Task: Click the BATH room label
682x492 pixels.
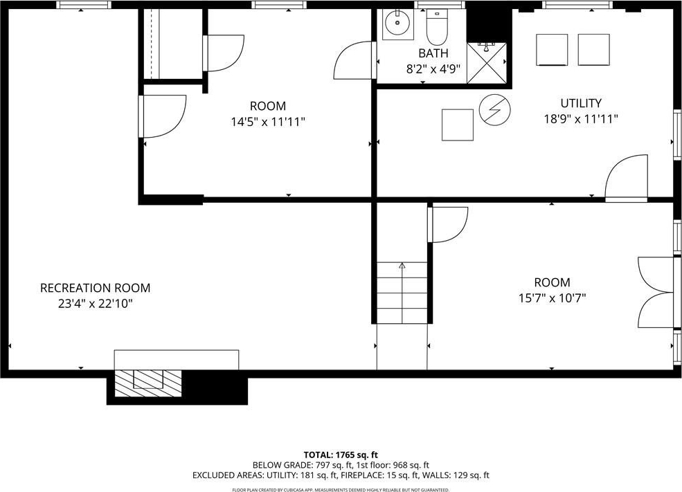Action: (433, 53)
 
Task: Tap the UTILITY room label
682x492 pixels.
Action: (581, 103)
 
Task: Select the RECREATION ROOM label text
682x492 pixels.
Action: (96, 288)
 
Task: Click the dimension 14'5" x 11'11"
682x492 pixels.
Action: (268, 122)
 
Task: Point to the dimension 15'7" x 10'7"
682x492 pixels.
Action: (552, 298)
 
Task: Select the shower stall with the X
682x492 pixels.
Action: (487, 62)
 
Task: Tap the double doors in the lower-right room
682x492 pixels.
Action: (655, 293)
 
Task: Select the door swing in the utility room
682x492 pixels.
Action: (627, 177)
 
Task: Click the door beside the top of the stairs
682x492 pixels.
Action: (448, 225)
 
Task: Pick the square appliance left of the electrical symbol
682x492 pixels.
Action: (458, 125)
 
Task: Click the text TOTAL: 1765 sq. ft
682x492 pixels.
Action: (341, 455)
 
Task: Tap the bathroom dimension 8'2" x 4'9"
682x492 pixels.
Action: (433, 69)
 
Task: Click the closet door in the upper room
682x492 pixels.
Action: (224, 53)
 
